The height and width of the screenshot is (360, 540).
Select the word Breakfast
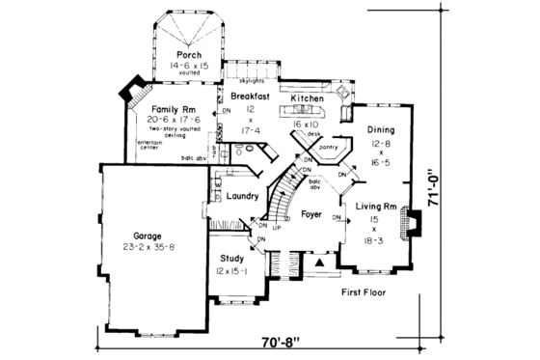(250, 97)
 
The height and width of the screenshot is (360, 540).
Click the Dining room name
(380, 128)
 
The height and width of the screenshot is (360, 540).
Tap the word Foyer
(310, 212)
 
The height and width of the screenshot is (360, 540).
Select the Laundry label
(240, 196)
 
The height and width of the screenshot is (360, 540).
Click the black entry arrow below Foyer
(319, 261)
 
